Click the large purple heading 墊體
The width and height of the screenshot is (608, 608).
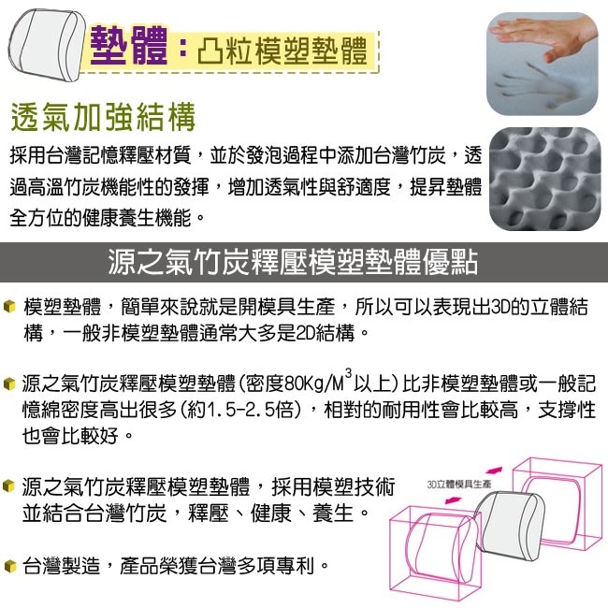click(x=128, y=46)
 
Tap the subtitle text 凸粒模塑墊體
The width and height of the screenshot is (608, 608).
click(x=282, y=51)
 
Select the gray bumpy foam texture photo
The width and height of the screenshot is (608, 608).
click(x=544, y=179)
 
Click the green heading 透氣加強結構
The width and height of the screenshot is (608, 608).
click(x=103, y=117)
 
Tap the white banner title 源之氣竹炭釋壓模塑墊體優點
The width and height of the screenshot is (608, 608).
click(x=293, y=262)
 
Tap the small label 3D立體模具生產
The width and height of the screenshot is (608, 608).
click(x=459, y=484)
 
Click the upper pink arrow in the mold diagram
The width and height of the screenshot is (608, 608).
click(x=494, y=470)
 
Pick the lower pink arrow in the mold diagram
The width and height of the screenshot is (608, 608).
click(x=454, y=500)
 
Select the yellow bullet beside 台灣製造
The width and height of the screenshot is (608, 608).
click(x=9, y=566)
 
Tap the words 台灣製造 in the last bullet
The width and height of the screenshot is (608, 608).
click(x=61, y=566)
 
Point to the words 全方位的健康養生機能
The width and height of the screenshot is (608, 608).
click(x=101, y=218)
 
